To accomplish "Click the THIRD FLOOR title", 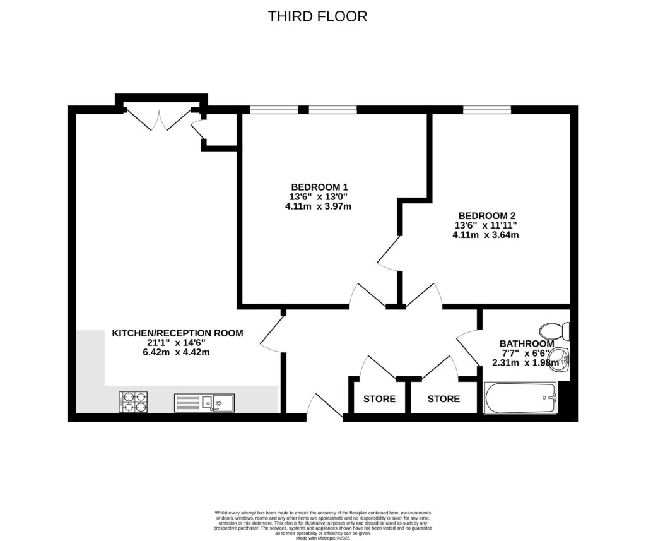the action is point(317,16).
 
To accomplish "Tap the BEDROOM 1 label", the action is point(320,187).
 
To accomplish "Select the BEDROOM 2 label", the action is point(487,216).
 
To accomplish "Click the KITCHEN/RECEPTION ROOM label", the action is point(177,333).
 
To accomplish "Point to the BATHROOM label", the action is point(527,343).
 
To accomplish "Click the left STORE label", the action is point(379,399).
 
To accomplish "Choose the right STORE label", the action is point(443,399).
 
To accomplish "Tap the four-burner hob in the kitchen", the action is point(134,402).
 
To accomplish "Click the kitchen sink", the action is point(204,403).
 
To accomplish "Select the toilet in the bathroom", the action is point(555,331).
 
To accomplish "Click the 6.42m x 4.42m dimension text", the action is point(176,352).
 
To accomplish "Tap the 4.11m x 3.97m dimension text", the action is point(319,206).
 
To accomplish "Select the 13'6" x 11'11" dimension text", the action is point(486,225).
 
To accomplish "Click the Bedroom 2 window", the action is point(488,110).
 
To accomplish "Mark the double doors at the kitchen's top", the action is point(158,119).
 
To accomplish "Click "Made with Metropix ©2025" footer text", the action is point(323,538).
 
